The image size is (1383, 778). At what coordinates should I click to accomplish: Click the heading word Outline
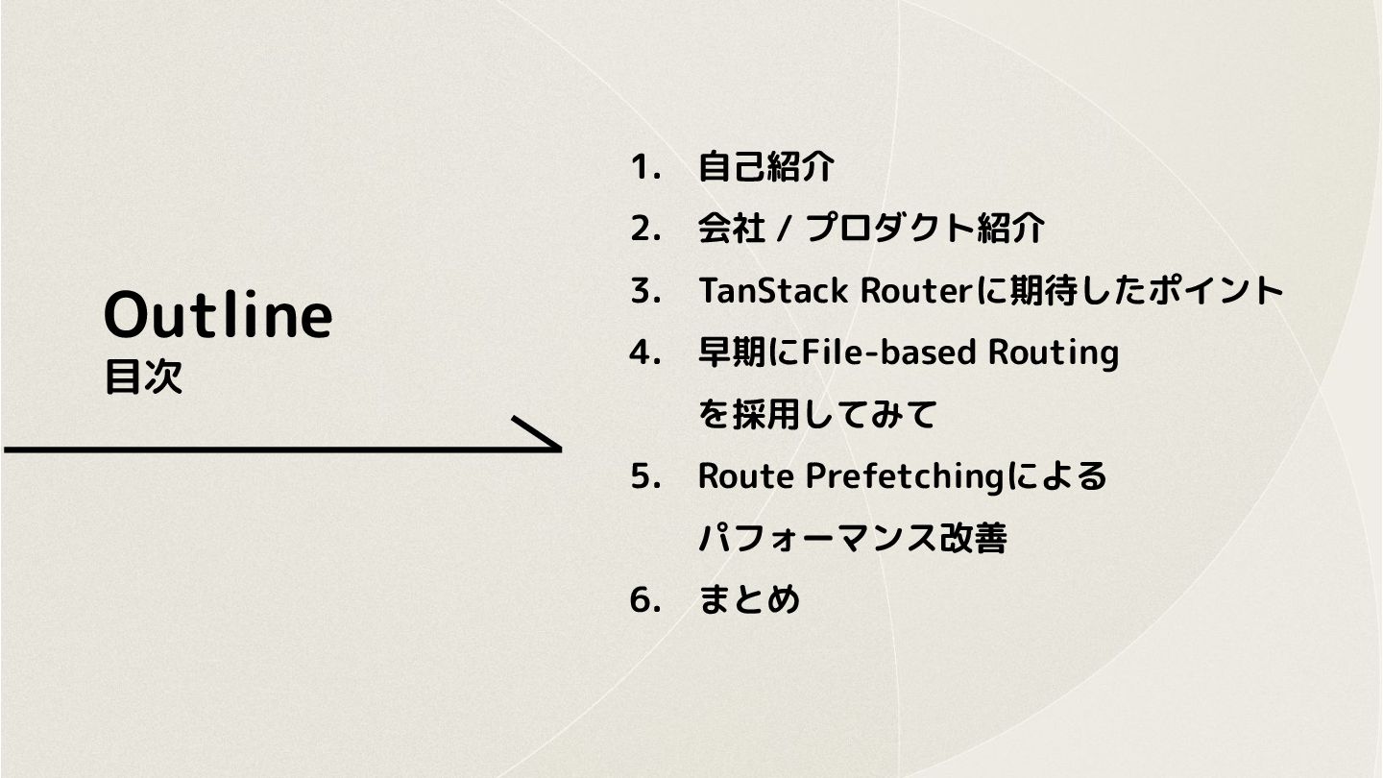pyautogui.click(x=218, y=314)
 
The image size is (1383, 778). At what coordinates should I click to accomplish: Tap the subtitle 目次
pyautogui.click(x=143, y=377)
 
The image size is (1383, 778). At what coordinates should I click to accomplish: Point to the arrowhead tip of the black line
pyautogui.click(x=559, y=448)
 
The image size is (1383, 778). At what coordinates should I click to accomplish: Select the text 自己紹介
pyautogui.click(x=765, y=168)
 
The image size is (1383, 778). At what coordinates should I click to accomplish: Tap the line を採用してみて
pyautogui.click(x=817, y=415)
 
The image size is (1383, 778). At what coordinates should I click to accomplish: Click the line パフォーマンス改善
pyautogui.click(x=852, y=539)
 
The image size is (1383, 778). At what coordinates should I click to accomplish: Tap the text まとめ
pyautogui.click(x=749, y=600)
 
